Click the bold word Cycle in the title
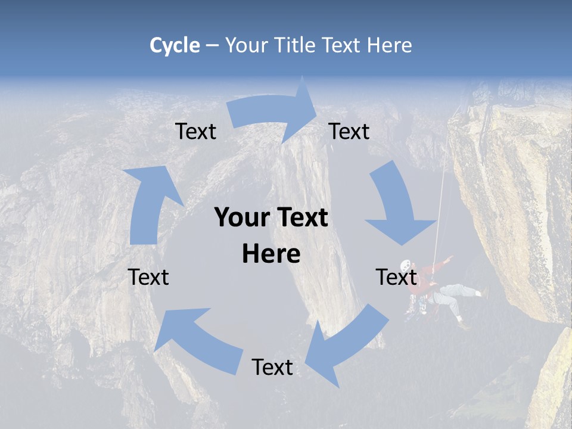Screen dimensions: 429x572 pos(175,45)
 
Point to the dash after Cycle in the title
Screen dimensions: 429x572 pos(212,46)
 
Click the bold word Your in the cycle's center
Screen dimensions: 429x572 pos(240,218)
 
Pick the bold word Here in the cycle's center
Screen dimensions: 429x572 pos(271,254)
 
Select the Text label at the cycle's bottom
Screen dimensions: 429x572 pos(272,367)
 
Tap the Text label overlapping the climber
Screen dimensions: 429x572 pos(396,277)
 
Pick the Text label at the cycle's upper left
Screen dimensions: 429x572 pos(195,131)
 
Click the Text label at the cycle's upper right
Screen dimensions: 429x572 pos(349,131)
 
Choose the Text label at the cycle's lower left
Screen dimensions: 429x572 pos(148,277)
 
